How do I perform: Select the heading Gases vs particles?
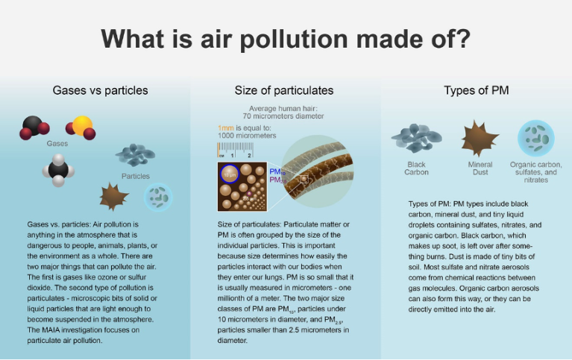(100, 90)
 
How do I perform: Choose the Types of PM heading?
(475, 90)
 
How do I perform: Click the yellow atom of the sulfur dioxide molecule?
(82, 124)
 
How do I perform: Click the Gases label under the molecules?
(57, 144)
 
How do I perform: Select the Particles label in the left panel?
(135, 177)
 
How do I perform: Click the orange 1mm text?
(224, 128)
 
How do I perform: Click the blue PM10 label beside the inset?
(274, 171)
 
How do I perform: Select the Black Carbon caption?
(416, 168)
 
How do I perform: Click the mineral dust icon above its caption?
(479, 138)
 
